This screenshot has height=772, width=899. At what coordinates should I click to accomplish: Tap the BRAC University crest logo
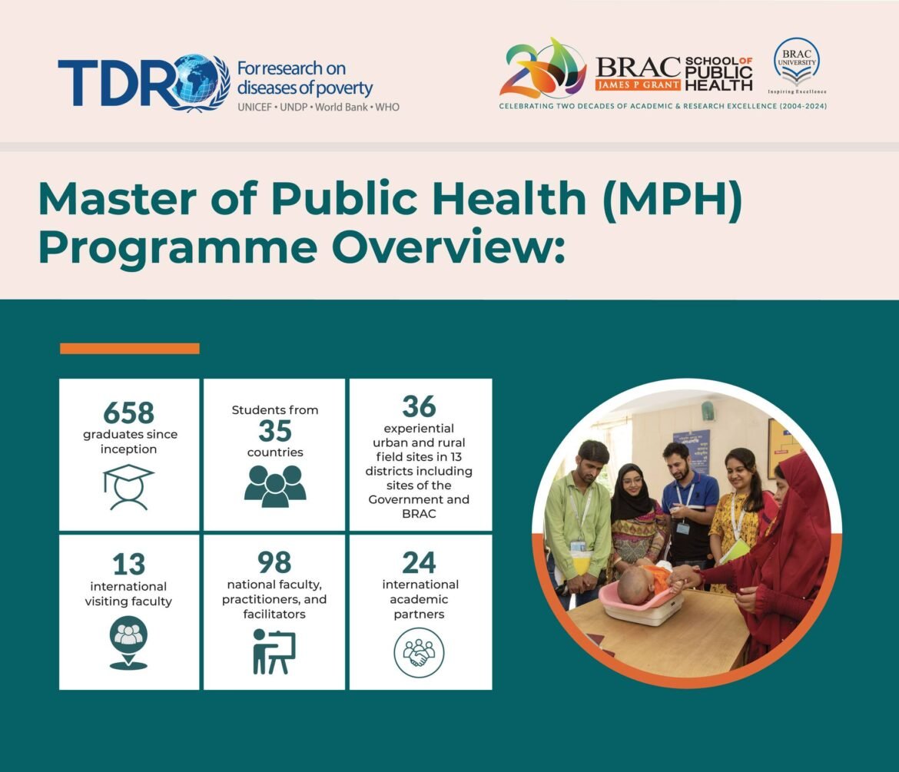pos(795,61)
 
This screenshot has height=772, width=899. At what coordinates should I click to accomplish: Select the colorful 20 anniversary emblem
pos(542,69)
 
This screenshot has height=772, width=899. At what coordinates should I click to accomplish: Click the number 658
pos(128,413)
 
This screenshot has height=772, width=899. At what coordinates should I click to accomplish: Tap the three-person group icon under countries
pos(274,486)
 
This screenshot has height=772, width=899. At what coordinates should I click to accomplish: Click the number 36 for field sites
pos(419,406)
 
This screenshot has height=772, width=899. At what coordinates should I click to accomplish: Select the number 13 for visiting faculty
pos(128,565)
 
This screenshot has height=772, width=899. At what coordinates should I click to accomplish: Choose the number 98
pos(274,563)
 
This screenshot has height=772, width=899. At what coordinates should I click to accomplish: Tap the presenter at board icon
pos(274,651)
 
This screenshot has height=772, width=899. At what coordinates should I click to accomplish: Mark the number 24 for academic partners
pos(419,563)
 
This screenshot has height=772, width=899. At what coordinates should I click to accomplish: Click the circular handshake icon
pos(419,652)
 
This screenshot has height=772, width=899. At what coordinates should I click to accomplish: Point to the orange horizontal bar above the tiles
pos(129,349)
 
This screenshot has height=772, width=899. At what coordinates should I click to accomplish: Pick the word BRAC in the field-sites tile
pos(420,514)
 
